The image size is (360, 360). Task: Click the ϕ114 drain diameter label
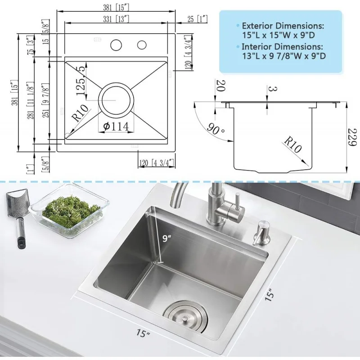pyautogui.click(x=116, y=126)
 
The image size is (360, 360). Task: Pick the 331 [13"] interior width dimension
pyautogui.click(x=116, y=18)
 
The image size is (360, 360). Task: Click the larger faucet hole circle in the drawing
pyautogui.click(x=117, y=45)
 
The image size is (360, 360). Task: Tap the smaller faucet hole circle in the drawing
pyautogui.click(x=142, y=45)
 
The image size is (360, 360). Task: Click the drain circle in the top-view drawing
pyautogui.click(x=116, y=99)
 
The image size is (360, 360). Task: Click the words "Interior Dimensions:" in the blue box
pyautogui.click(x=282, y=46)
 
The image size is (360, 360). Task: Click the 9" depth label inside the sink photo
pyautogui.click(x=167, y=239)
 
